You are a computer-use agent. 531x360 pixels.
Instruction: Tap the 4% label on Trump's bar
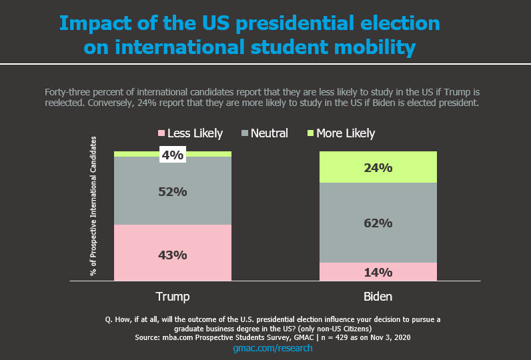tap(172, 155)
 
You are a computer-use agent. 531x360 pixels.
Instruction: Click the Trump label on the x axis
tap(172, 296)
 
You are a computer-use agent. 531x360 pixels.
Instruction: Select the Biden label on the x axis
tap(378, 296)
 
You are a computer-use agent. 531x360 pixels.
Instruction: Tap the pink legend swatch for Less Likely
tap(160, 133)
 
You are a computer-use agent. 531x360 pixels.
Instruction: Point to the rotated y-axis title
tap(93, 206)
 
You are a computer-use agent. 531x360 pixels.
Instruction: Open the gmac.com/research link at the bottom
tap(272, 348)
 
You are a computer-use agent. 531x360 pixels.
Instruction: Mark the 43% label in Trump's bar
tap(172, 255)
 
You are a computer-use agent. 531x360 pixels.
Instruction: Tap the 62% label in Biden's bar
tap(378, 223)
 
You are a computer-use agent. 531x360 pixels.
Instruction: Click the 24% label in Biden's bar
tap(378, 168)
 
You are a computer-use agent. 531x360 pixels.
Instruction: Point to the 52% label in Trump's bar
tap(172, 191)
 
